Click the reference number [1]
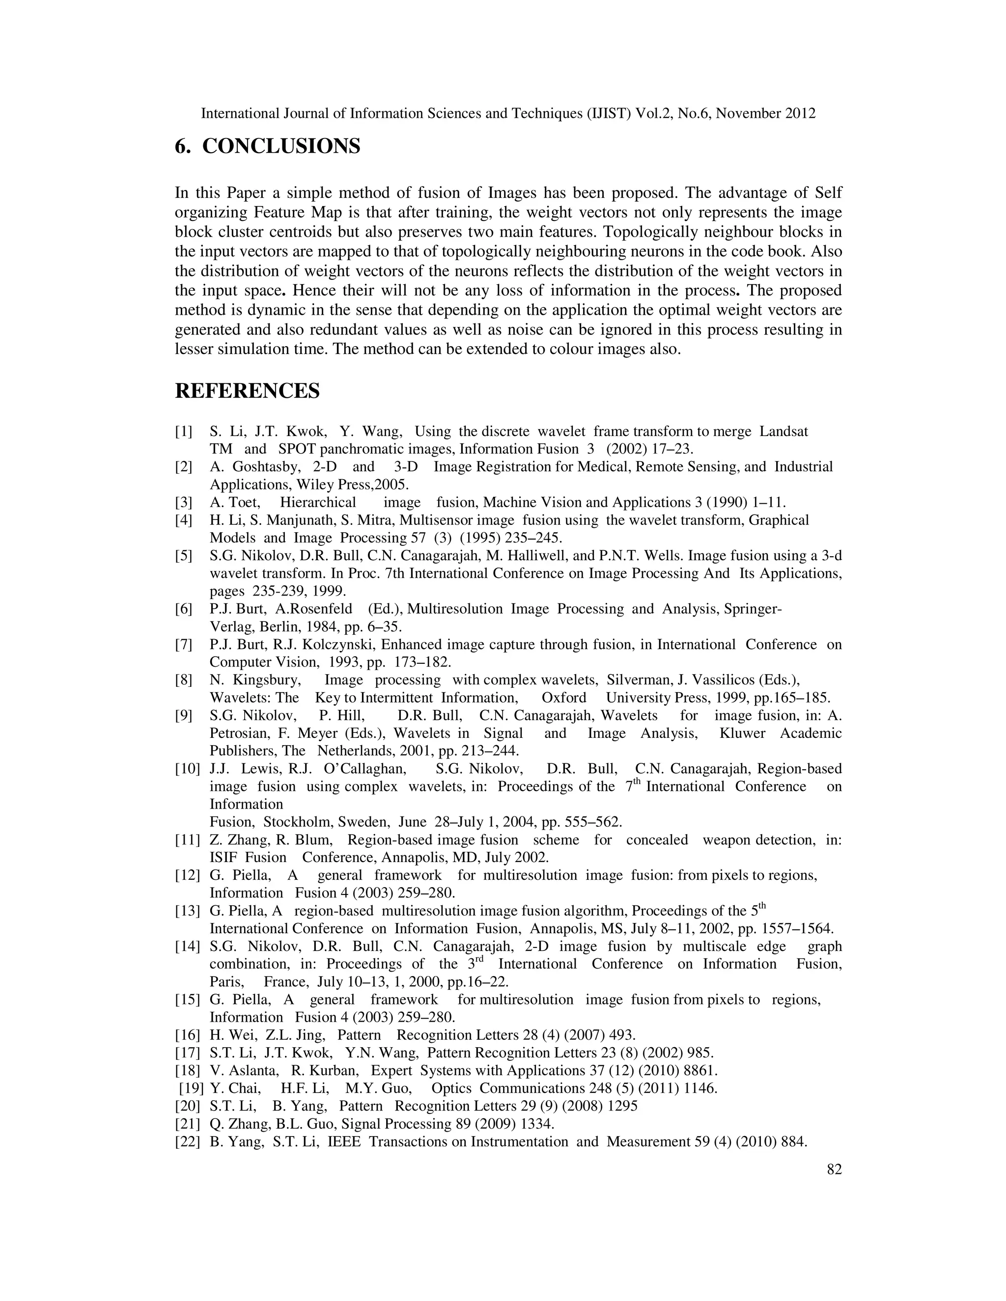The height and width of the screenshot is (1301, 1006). [184, 431]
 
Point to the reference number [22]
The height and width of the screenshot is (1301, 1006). [187, 1141]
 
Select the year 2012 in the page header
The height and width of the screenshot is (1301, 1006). [800, 113]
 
